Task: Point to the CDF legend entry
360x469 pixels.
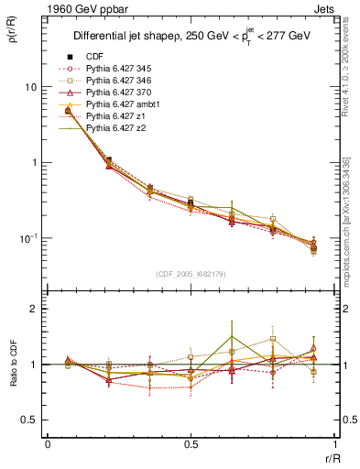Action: click(x=93, y=56)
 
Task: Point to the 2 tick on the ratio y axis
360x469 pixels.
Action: click(x=34, y=309)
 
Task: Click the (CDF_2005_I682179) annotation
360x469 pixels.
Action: click(x=191, y=272)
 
